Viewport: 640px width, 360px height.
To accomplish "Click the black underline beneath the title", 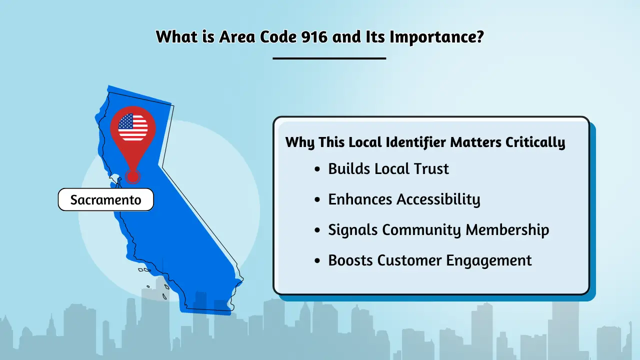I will coord(329,58).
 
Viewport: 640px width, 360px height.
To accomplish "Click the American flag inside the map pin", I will coord(133,127).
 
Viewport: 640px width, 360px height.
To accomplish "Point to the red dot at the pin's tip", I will coord(132,176).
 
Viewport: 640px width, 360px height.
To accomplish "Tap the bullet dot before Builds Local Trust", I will coord(317,170).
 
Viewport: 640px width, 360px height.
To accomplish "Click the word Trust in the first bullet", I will coord(429,169).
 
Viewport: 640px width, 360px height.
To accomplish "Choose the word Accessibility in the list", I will coord(438,200).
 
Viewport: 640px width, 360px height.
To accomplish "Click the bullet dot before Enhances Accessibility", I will coord(317,200).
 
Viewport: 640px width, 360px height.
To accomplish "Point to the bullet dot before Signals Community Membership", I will coord(317,231).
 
